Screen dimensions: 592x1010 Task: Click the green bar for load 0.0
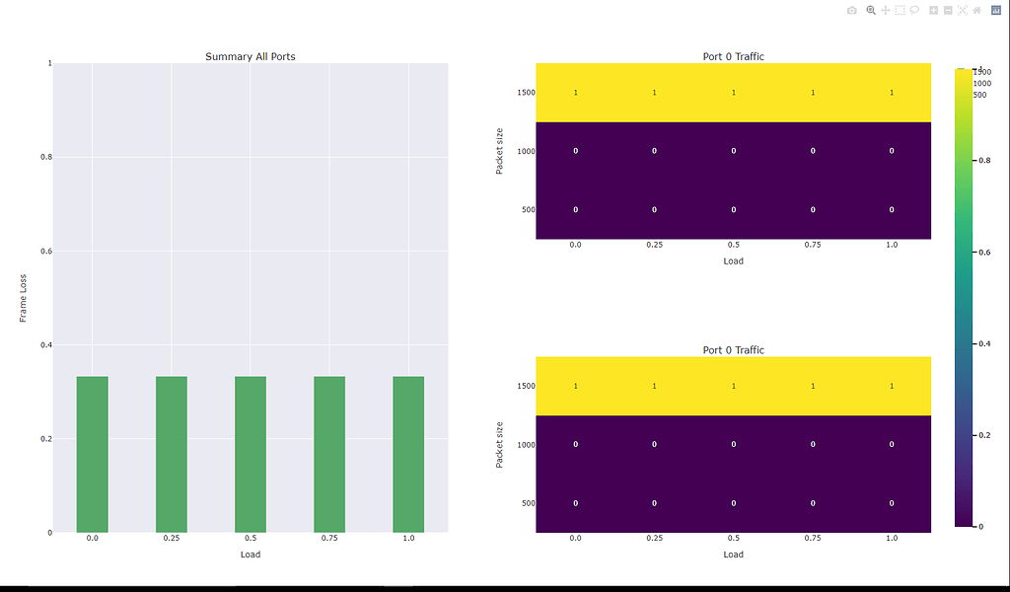pos(92,454)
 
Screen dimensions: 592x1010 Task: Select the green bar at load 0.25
pos(171,454)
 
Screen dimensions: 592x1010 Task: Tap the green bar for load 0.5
pos(250,454)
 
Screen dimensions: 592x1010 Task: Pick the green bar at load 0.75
pos(329,454)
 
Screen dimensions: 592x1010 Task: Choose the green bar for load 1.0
pos(408,454)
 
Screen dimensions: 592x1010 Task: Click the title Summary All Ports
pos(250,56)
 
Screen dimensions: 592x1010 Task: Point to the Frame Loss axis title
pos(25,298)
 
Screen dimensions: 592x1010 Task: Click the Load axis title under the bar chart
pos(251,555)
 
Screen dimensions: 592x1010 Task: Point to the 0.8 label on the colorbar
pos(984,160)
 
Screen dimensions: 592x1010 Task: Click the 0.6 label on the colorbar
pos(984,253)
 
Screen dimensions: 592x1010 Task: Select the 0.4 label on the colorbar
pos(984,344)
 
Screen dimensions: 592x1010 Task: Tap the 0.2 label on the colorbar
pos(984,435)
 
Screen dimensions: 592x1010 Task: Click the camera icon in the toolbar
pos(852,10)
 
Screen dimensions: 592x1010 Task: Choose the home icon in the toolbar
pos(976,10)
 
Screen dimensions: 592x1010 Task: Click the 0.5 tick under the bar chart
pos(251,539)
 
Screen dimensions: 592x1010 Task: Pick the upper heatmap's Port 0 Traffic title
pos(733,56)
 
